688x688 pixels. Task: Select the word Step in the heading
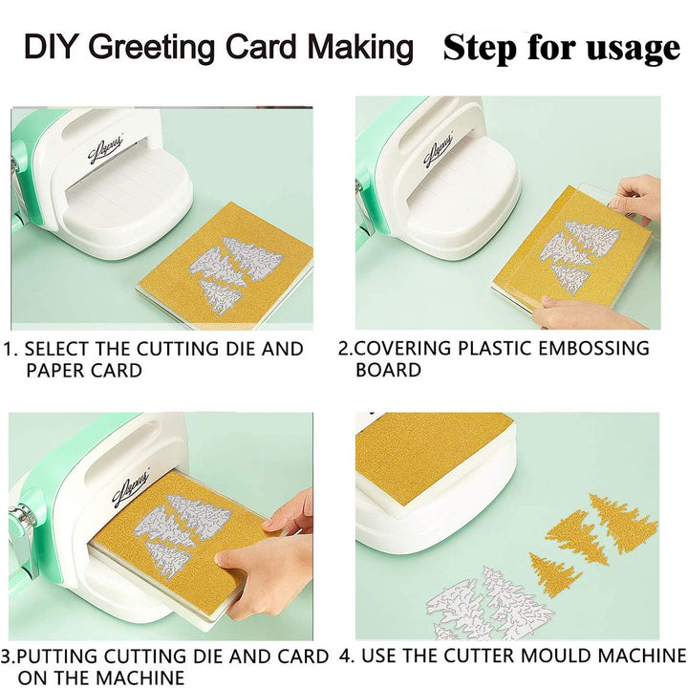point(480,49)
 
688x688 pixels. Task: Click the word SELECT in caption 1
point(56,350)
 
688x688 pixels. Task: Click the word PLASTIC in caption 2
point(495,348)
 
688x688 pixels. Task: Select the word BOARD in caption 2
point(388,370)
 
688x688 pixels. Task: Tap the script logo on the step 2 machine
point(439,151)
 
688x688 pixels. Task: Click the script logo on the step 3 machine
point(131,488)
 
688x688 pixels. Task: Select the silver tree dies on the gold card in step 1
point(231,272)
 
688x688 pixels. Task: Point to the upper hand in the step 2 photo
point(635,197)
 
